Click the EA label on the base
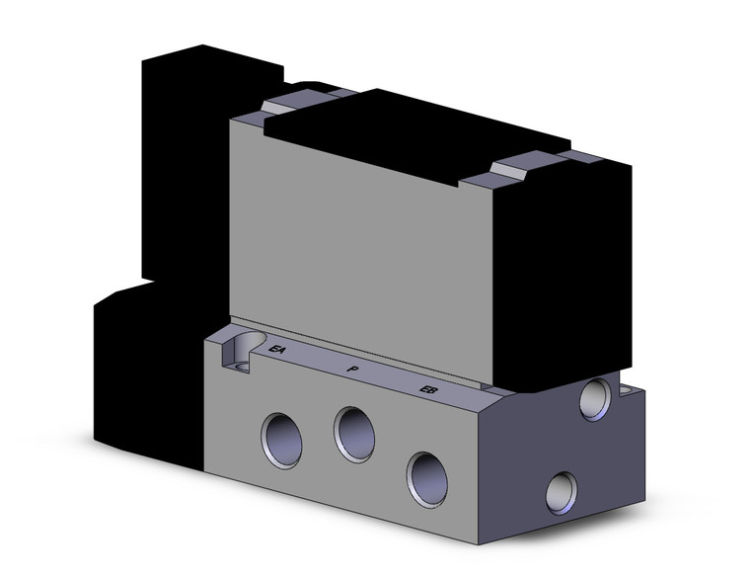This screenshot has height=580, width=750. coord(277,350)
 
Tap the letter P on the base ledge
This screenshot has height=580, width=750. coord(351,369)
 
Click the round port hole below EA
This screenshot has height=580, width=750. coord(278,433)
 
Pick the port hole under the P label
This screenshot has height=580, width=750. coord(352,432)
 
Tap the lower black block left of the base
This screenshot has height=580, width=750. coord(148,375)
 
